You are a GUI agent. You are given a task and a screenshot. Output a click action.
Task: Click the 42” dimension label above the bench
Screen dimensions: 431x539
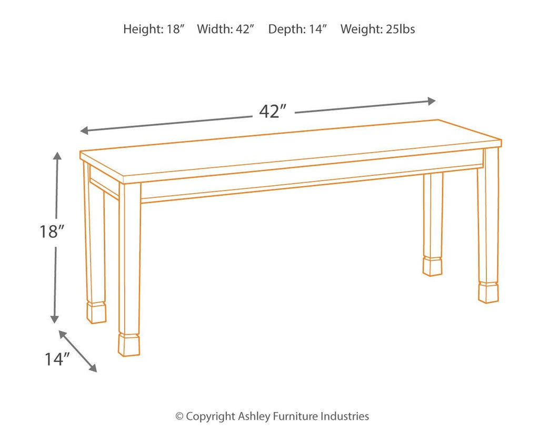point(273,112)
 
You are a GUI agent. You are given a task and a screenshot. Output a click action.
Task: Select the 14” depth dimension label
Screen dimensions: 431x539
point(57,359)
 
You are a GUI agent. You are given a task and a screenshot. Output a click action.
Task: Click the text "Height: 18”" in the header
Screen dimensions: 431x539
point(154,29)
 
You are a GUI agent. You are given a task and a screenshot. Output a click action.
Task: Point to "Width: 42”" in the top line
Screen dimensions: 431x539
point(226,29)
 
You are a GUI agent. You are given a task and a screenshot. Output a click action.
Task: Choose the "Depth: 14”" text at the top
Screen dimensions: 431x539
point(297,29)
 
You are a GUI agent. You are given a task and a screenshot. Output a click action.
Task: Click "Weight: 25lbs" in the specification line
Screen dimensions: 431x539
point(377,29)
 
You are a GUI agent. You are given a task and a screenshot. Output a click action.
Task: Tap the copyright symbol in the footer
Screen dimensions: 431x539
point(179,416)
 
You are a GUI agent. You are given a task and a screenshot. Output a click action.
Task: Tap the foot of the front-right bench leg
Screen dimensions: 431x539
point(488,292)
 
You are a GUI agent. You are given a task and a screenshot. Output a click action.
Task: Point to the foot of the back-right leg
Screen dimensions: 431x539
point(432,266)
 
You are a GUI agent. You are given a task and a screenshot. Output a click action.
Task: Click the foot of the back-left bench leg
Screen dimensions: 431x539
point(96,312)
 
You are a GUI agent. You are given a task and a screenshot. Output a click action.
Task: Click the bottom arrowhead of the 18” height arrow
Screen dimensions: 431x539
point(54,319)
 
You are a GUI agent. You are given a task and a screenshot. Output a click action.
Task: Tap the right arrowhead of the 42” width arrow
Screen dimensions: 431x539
point(432,101)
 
